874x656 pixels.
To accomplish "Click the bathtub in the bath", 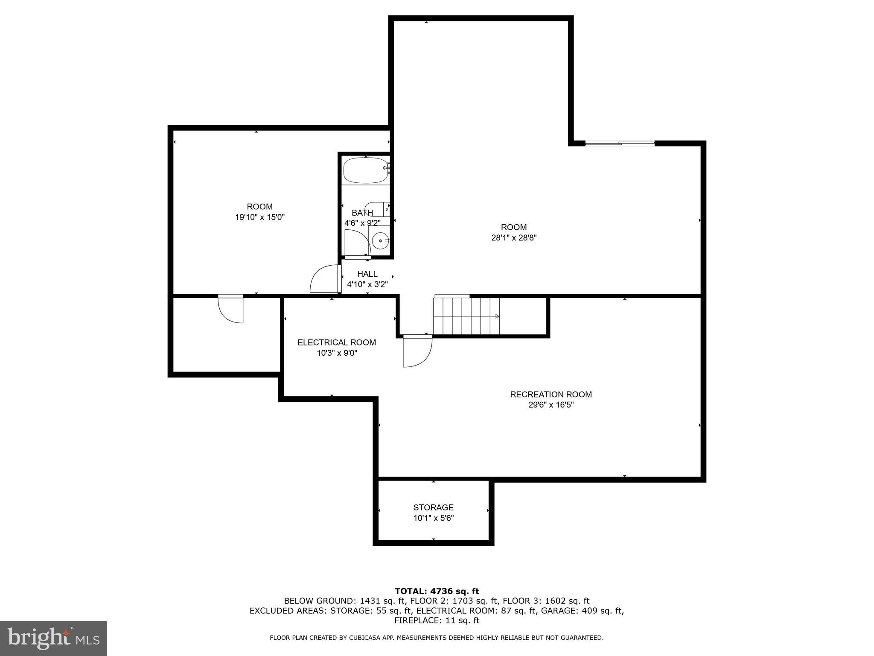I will [x=365, y=171].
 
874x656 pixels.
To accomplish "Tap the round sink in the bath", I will [x=379, y=241].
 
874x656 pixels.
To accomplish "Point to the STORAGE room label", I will [x=433, y=507].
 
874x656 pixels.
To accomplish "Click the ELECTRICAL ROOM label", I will [x=337, y=343].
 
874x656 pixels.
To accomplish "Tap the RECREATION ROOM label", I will [x=551, y=395].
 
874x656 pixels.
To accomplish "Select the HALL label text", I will [x=367, y=274].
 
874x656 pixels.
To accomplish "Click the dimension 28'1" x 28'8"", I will [x=513, y=238].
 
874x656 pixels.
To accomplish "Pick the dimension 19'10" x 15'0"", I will [x=259, y=217].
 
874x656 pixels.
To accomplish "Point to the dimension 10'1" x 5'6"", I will [x=433, y=518].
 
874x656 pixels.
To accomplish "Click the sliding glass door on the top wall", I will [x=620, y=143].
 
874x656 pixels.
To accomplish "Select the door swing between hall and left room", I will [x=324, y=279].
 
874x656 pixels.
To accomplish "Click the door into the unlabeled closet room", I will [x=231, y=309].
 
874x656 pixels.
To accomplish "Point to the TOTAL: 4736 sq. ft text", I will [x=437, y=591].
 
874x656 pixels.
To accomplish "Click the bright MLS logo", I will [x=53, y=638].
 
